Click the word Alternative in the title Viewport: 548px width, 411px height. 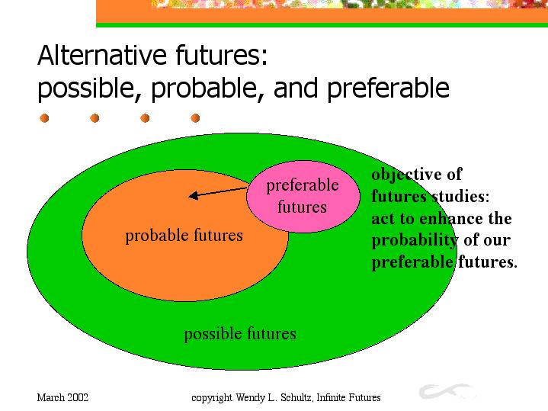(x=102, y=55)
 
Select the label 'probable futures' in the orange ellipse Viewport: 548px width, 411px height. (x=184, y=236)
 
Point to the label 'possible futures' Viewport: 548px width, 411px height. (x=240, y=334)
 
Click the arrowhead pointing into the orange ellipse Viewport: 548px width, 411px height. (x=194, y=195)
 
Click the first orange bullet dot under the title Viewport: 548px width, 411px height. (x=44, y=118)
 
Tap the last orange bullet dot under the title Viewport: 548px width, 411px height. (x=195, y=118)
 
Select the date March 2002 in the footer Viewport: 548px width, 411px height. (x=63, y=398)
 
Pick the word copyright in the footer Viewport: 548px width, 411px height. (x=212, y=398)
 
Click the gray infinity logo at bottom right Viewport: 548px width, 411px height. (x=447, y=391)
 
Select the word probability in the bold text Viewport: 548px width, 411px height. (x=415, y=241)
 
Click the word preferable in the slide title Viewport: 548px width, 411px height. (x=388, y=88)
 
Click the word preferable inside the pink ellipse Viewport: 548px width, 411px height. (x=303, y=185)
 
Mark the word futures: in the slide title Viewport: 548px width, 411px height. (x=222, y=55)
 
